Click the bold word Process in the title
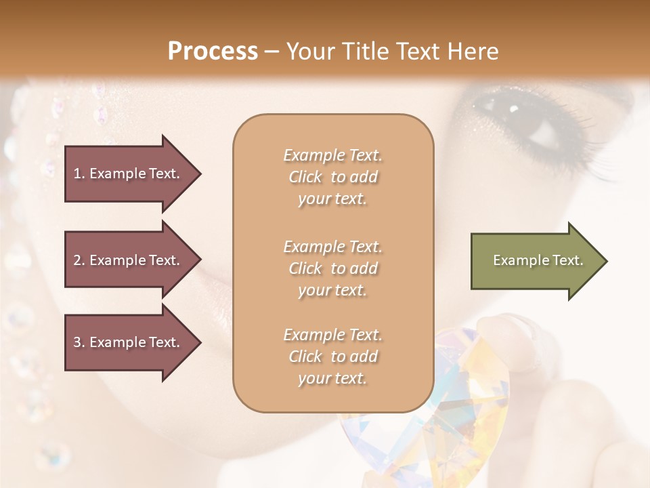point(213,52)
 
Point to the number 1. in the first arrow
point(79,174)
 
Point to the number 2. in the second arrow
point(79,260)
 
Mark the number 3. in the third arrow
point(79,342)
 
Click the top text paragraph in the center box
point(333,177)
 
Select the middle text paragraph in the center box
point(333,268)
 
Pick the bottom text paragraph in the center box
point(333,357)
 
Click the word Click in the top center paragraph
point(305,177)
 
